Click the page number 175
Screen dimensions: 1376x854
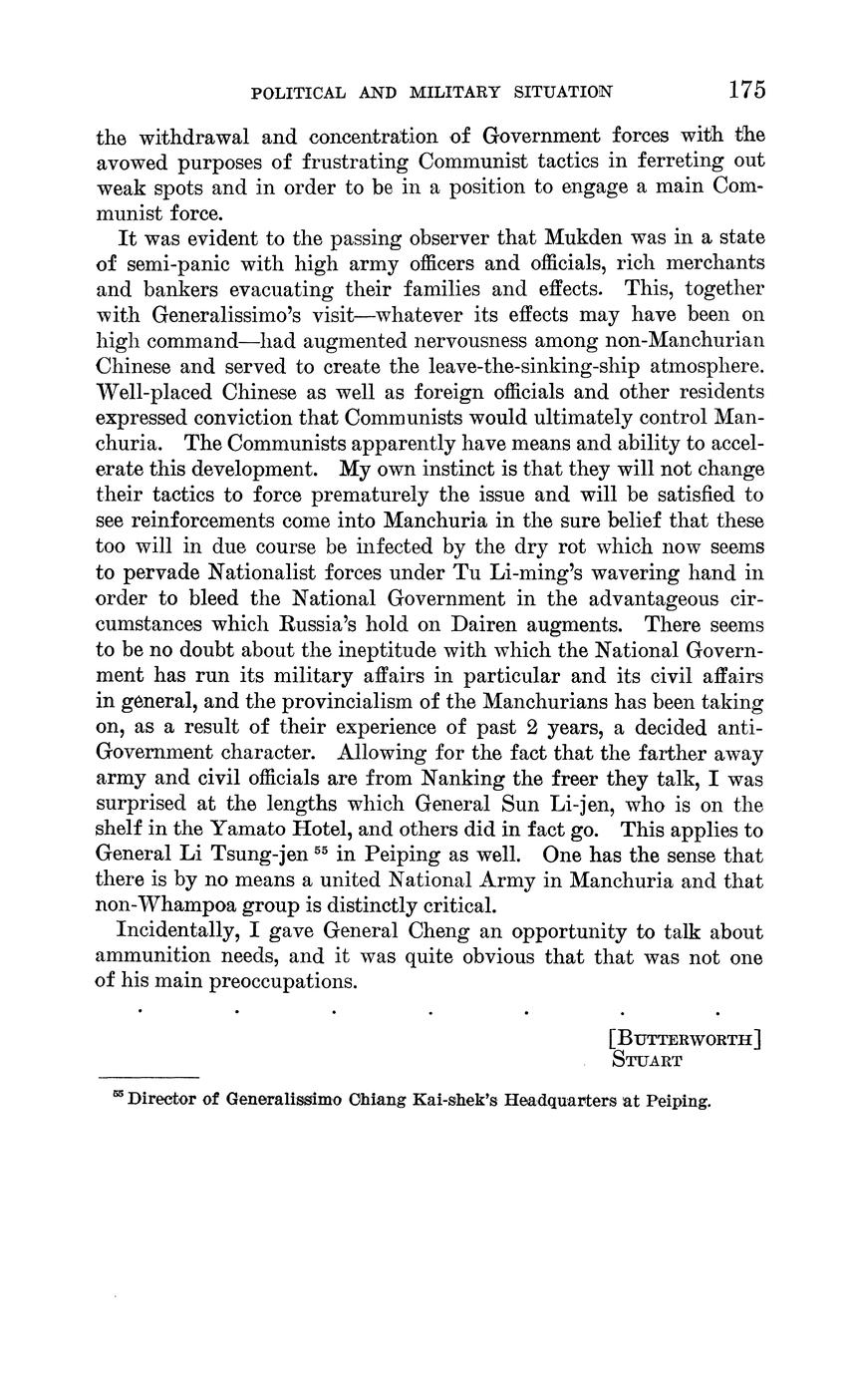click(745, 90)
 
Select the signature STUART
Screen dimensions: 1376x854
click(647, 1060)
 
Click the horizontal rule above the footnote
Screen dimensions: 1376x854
click(148, 1077)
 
